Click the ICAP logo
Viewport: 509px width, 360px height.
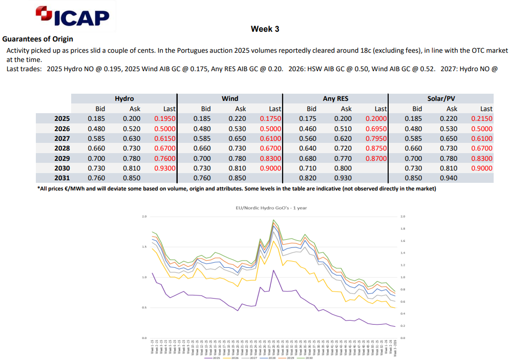pos(73,17)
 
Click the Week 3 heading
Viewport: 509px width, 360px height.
pos(265,29)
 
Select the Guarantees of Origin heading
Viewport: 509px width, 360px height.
pos(38,39)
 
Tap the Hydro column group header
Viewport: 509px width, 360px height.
pos(124,98)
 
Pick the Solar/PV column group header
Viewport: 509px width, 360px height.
pos(441,98)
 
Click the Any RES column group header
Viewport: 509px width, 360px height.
pos(335,98)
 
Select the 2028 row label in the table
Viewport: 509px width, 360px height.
pos(62,149)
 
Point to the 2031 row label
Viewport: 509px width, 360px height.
pos(62,178)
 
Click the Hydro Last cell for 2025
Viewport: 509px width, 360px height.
pos(165,119)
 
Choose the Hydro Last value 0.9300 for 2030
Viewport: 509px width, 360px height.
pos(165,168)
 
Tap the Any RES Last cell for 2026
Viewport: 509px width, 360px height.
pos(376,129)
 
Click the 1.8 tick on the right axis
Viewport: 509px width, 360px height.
pos(402,229)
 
